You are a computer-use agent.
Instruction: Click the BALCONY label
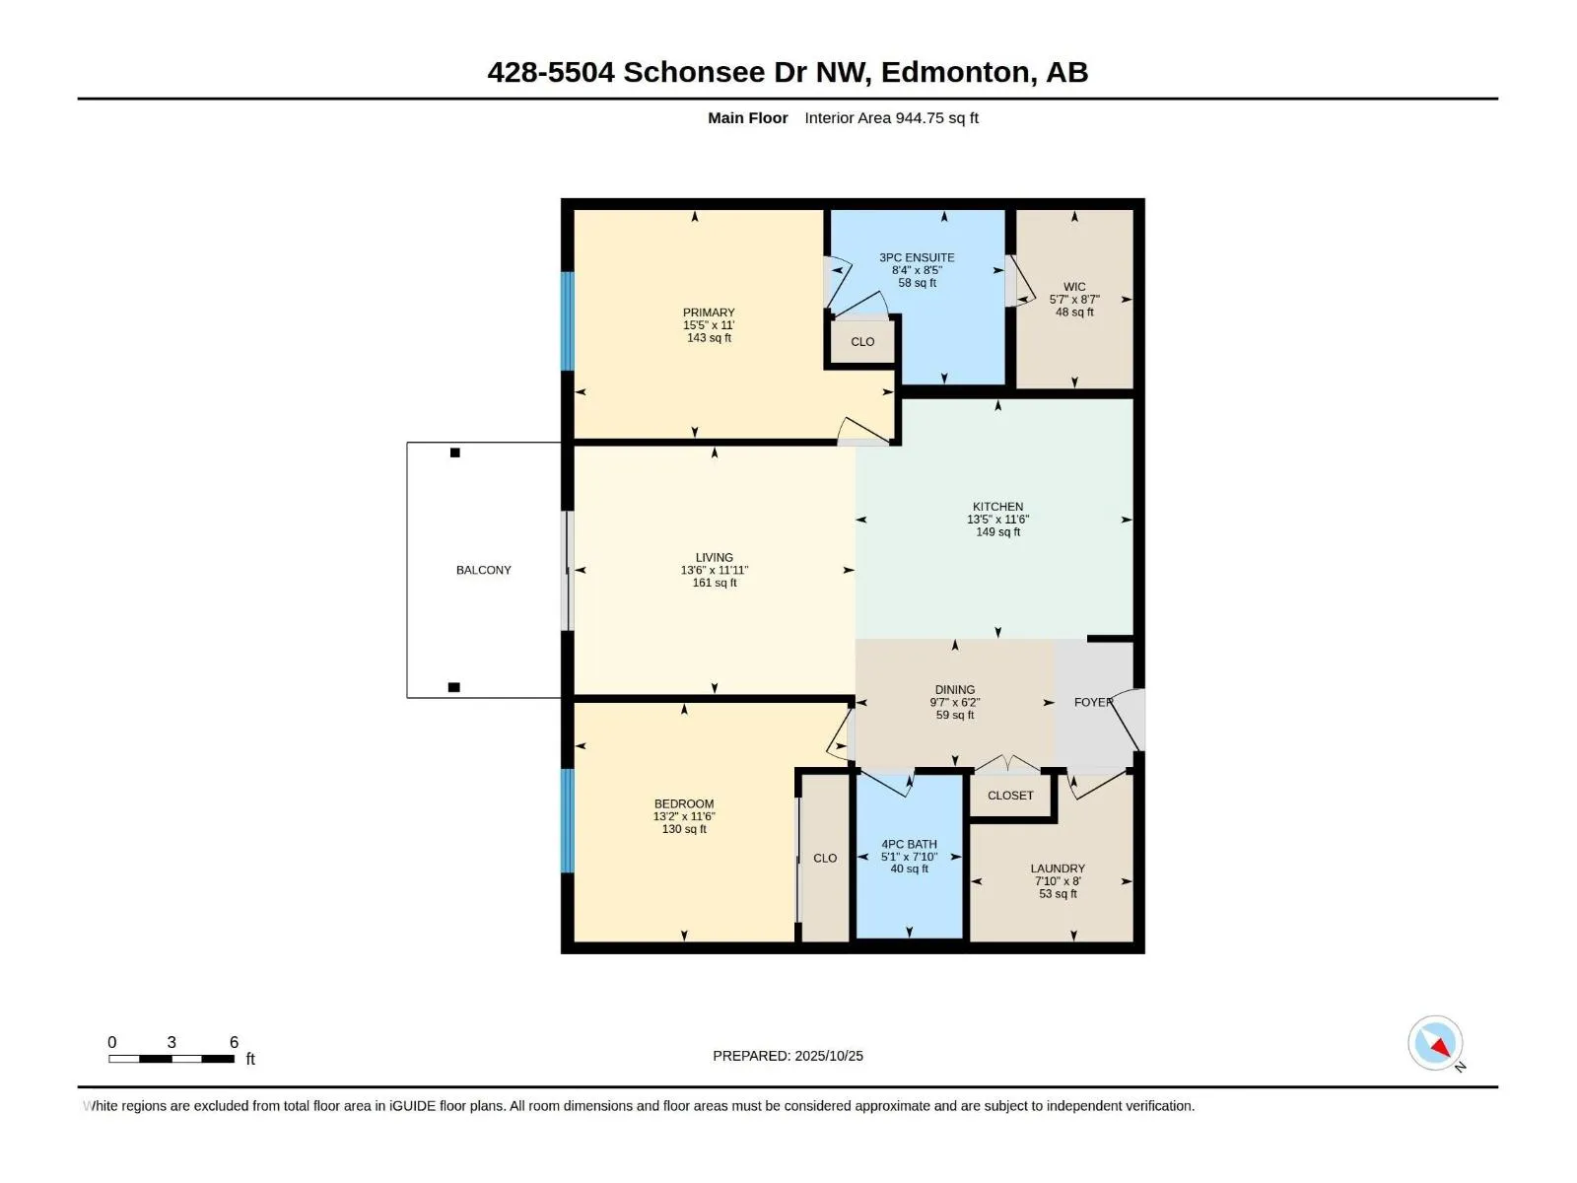tap(484, 570)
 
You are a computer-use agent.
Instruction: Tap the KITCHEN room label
tap(997, 507)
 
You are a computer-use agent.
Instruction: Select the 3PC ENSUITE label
tap(917, 257)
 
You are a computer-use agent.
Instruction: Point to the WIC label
tap(1074, 287)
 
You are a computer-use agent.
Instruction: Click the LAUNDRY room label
tap(1058, 869)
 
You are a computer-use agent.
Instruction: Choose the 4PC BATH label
tap(909, 844)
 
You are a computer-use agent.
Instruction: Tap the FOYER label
tap(1093, 702)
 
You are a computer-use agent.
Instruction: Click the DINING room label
tap(955, 689)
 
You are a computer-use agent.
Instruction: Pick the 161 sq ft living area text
tap(715, 583)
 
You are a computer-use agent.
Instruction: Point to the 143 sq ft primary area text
tap(709, 337)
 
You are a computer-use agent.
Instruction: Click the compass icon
tap(1435, 1042)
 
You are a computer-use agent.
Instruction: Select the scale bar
tap(171, 1059)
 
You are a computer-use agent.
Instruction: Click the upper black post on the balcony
tap(454, 452)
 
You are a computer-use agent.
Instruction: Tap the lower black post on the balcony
tap(454, 687)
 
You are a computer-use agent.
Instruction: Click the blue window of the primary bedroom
tap(568, 321)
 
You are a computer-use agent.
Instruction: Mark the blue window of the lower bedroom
tap(568, 820)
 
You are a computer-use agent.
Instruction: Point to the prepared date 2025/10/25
tap(828, 1055)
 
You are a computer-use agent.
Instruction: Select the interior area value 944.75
tap(920, 117)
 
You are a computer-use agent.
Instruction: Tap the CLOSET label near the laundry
tap(1010, 796)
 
